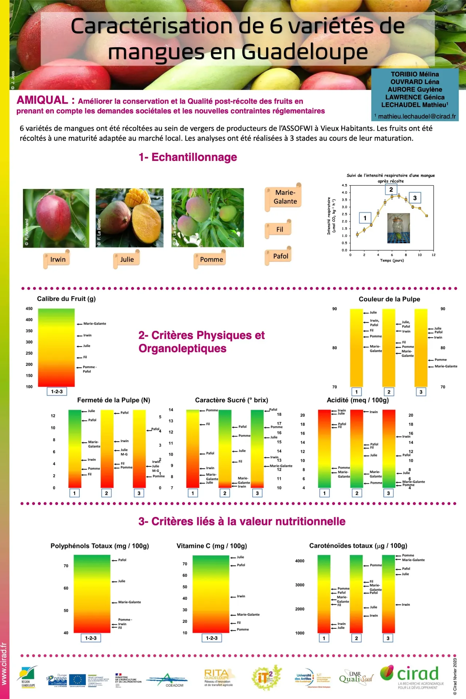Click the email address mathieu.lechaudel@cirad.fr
[417, 116]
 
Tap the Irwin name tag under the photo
[58, 260]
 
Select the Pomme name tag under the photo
[211, 260]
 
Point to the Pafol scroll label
[280, 256]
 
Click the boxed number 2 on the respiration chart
[391, 190]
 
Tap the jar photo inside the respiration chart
[398, 228]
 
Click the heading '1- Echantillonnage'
[187, 157]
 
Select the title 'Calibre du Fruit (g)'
[66, 299]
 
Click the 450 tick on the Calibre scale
[29, 309]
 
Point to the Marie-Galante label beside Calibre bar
[94, 324]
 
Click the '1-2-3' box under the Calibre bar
[57, 392]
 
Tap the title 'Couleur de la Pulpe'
[389, 299]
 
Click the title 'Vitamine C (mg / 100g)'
[212, 546]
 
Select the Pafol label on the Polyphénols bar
[122, 560]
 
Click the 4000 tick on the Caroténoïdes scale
[300, 561]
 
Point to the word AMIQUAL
[42, 100]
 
